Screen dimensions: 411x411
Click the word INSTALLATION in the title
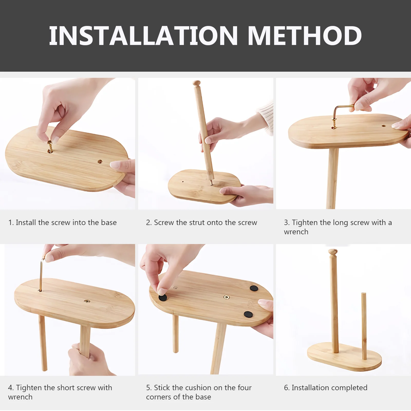tap(143, 36)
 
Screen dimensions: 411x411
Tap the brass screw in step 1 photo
tap(50, 146)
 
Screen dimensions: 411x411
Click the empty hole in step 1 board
tap(100, 162)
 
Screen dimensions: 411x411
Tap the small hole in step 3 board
tap(383, 126)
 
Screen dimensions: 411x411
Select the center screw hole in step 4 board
tap(87, 301)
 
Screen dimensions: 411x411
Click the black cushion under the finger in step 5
tap(163, 297)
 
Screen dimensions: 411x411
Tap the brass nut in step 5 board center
tap(226, 297)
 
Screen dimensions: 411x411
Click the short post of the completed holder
tap(364, 326)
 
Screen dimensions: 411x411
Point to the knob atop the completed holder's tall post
tap(333, 252)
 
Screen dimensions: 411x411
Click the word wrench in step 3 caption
tap(296, 232)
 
